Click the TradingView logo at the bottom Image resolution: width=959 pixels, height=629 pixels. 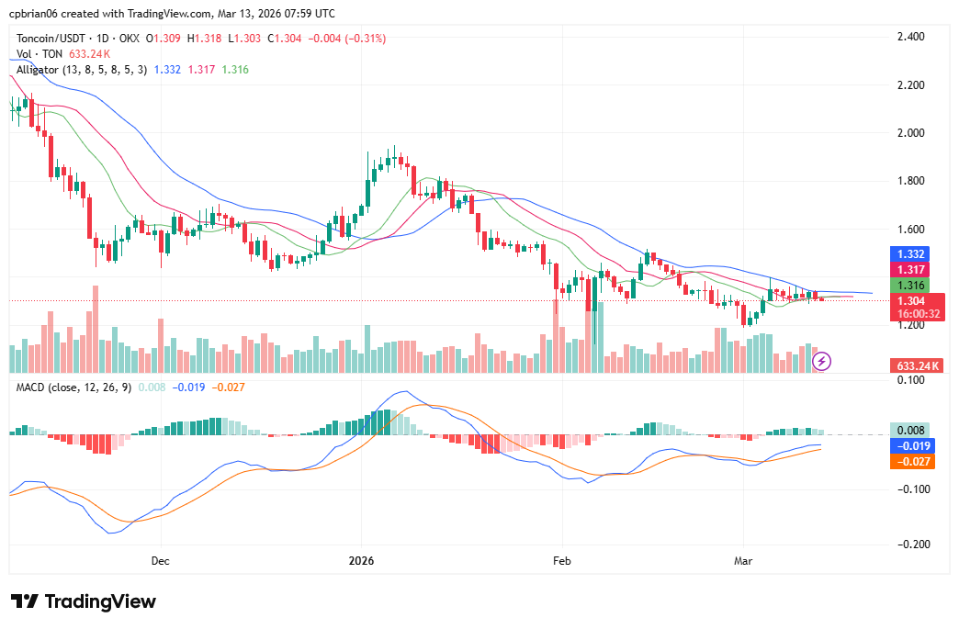pyautogui.click(x=84, y=601)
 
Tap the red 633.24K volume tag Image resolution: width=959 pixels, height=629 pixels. pyautogui.click(x=917, y=365)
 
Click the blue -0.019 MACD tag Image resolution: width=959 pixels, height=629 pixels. pyautogui.click(x=912, y=445)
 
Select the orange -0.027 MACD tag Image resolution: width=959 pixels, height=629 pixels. pyautogui.click(x=912, y=461)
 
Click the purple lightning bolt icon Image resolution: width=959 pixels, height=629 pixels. pyautogui.click(x=822, y=361)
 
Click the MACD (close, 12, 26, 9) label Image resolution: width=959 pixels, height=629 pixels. pyautogui.click(x=73, y=388)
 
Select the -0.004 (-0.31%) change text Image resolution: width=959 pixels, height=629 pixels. pyautogui.click(x=348, y=39)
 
